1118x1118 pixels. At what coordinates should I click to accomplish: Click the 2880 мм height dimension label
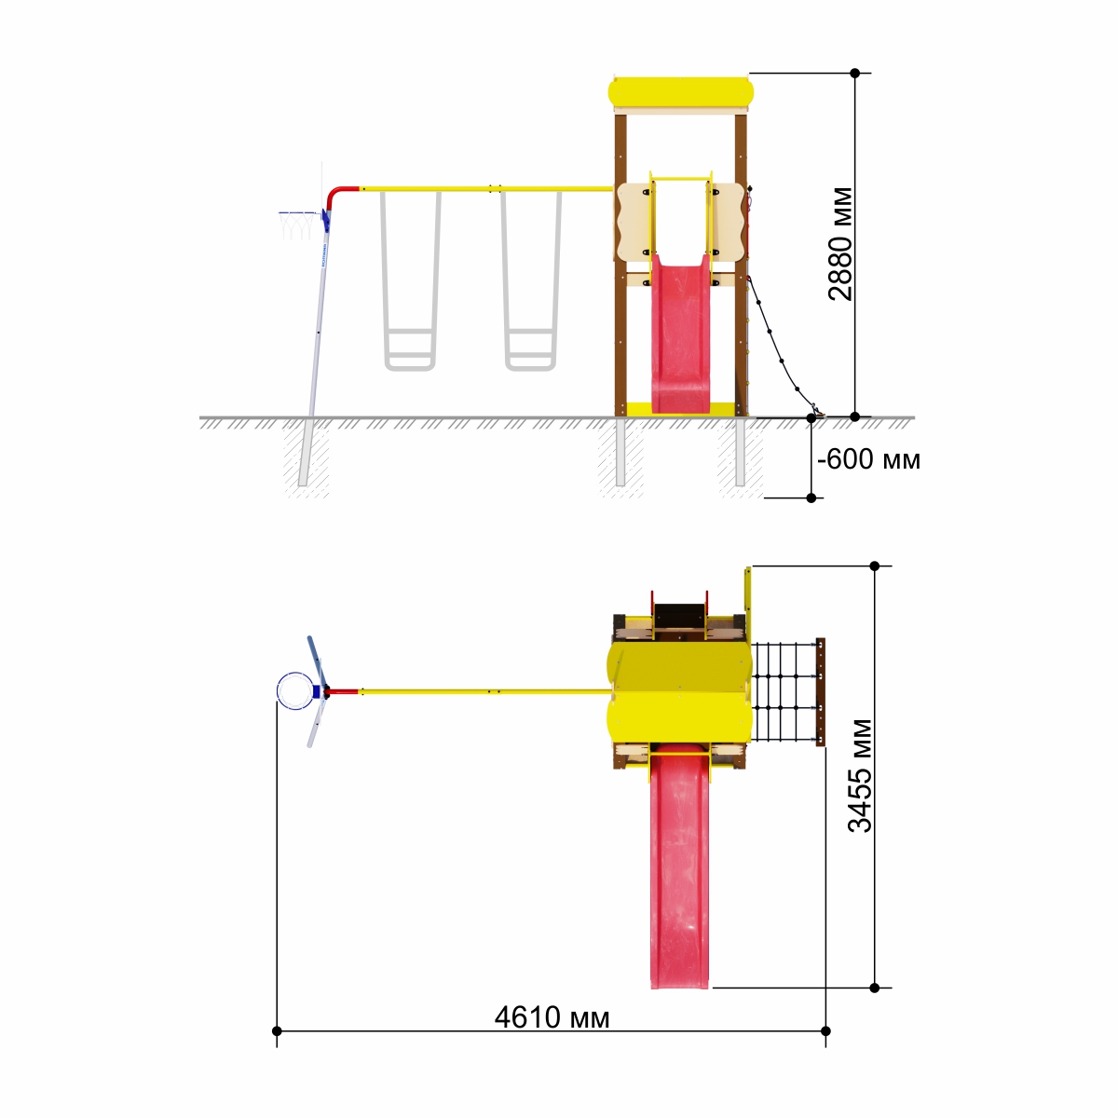click(x=841, y=244)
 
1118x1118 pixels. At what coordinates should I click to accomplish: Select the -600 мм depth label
click(x=868, y=459)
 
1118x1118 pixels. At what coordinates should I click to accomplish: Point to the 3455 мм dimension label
click(x=860, y=776)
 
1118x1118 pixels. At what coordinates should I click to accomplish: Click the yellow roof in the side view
click(x=680, y=92)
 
